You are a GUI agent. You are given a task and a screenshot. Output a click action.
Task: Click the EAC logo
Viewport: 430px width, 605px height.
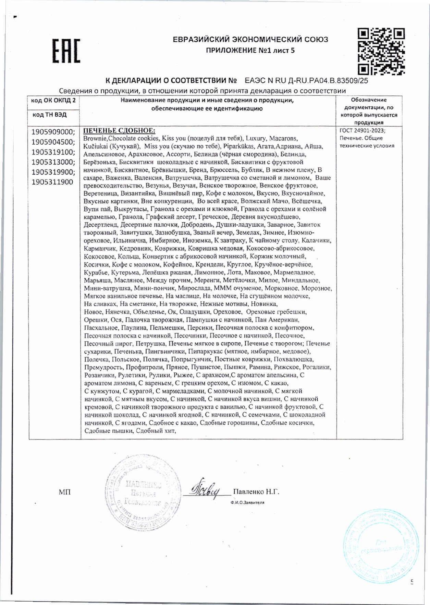(x=66, y=51)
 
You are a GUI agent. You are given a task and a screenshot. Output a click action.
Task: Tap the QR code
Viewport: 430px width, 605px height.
(x=381, y=52)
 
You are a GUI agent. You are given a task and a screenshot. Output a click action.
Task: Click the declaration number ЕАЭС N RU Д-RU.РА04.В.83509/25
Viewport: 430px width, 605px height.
(x=306, y=81)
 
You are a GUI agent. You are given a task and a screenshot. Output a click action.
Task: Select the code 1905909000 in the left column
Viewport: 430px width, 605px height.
(x=53, y=132)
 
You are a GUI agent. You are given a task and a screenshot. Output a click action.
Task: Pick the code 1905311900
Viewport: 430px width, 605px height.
(x=52, y=182)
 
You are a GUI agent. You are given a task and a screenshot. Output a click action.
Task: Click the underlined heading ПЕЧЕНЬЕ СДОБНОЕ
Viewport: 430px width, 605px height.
(x=119, y=131)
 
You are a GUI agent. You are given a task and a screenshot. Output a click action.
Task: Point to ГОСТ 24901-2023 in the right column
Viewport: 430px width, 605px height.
(x=361, y=130)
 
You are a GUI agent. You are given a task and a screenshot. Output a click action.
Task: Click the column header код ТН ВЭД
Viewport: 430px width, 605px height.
(x=50, y=115)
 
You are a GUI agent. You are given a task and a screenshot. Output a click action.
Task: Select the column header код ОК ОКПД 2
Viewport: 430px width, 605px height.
(x=53, y=100)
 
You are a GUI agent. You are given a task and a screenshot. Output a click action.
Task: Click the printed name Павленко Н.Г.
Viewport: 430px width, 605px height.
(x=256, y=492)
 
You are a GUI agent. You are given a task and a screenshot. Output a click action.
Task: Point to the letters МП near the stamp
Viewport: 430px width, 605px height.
(x=65, y=492)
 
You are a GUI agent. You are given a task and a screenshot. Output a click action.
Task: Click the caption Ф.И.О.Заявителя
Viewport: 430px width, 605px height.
(x=247, y=502)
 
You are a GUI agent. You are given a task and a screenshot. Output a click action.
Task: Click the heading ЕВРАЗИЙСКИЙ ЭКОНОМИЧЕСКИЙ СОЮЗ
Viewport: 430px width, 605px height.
(x=250, y=39)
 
